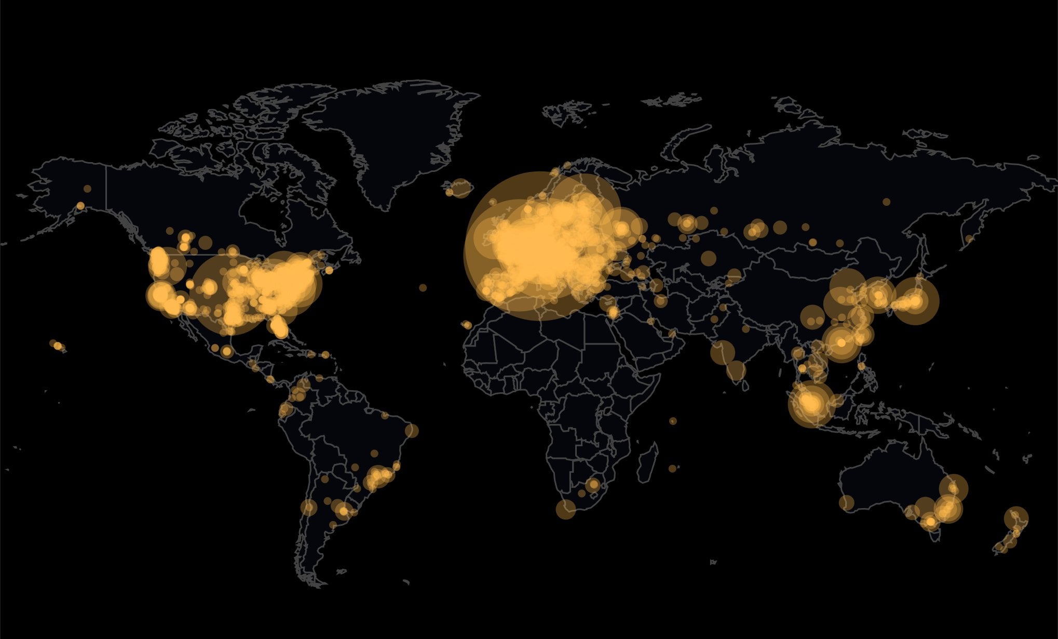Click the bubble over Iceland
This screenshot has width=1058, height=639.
click(460, 188)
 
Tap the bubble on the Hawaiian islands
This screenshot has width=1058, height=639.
click(57, 345)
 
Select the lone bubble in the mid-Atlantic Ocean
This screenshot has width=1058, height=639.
click(423, 287)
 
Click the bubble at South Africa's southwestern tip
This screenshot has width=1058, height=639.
click(565, 509)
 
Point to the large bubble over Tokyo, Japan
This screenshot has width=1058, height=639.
click(915, 301)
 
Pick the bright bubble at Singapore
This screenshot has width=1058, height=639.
click(810, 403)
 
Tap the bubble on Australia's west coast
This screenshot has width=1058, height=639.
click(846, 502)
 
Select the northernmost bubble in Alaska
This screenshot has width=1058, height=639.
click(87, 189)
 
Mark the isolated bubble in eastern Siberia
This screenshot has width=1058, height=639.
click(886, 202)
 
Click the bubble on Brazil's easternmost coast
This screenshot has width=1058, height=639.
click(412, 431)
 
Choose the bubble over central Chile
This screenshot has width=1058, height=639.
click(308, 507)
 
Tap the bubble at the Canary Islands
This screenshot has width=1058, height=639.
click(466, 325)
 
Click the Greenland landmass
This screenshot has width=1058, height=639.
click(395, 135)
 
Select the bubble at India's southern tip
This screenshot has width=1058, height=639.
click(736, 370)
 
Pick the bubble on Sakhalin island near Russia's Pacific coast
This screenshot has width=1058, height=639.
click(969, 239)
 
